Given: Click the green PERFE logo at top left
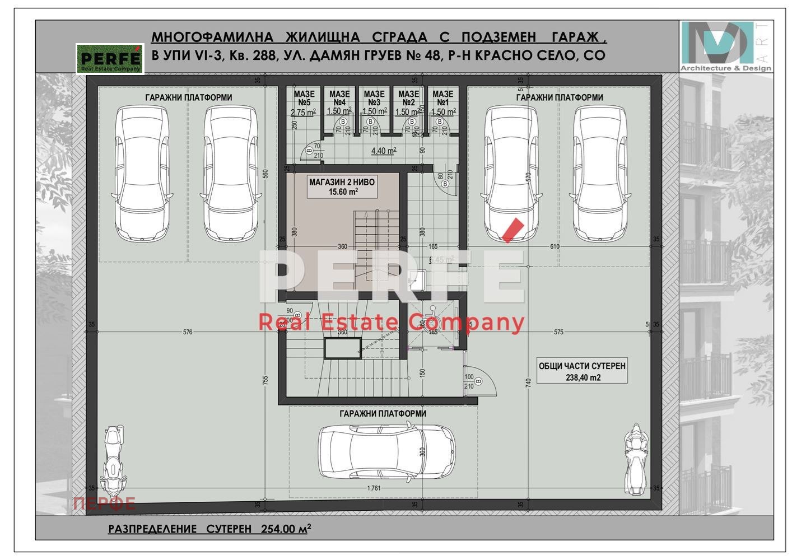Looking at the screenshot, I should click(x=110, y=58).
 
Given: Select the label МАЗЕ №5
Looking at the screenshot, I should click(x=304, y=99).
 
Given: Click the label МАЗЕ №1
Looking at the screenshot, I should click(x=443, y=99).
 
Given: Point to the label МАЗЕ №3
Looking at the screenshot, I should click(x=374, y=99).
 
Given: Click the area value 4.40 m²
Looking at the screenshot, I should click(x=384, y=151).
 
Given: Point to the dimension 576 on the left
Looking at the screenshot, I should click(x=188, y=332).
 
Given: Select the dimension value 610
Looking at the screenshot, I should click(x=555, y=246).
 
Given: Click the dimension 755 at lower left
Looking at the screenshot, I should click(x=265, y=380).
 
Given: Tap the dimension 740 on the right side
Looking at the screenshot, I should click(x=528, y=384).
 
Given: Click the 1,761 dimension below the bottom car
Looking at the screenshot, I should click(x=374, y=488).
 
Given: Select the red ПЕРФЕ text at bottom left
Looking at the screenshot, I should click(x=104, y=503).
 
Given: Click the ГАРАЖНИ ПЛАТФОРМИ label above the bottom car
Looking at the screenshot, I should click(x=383, y=414).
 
